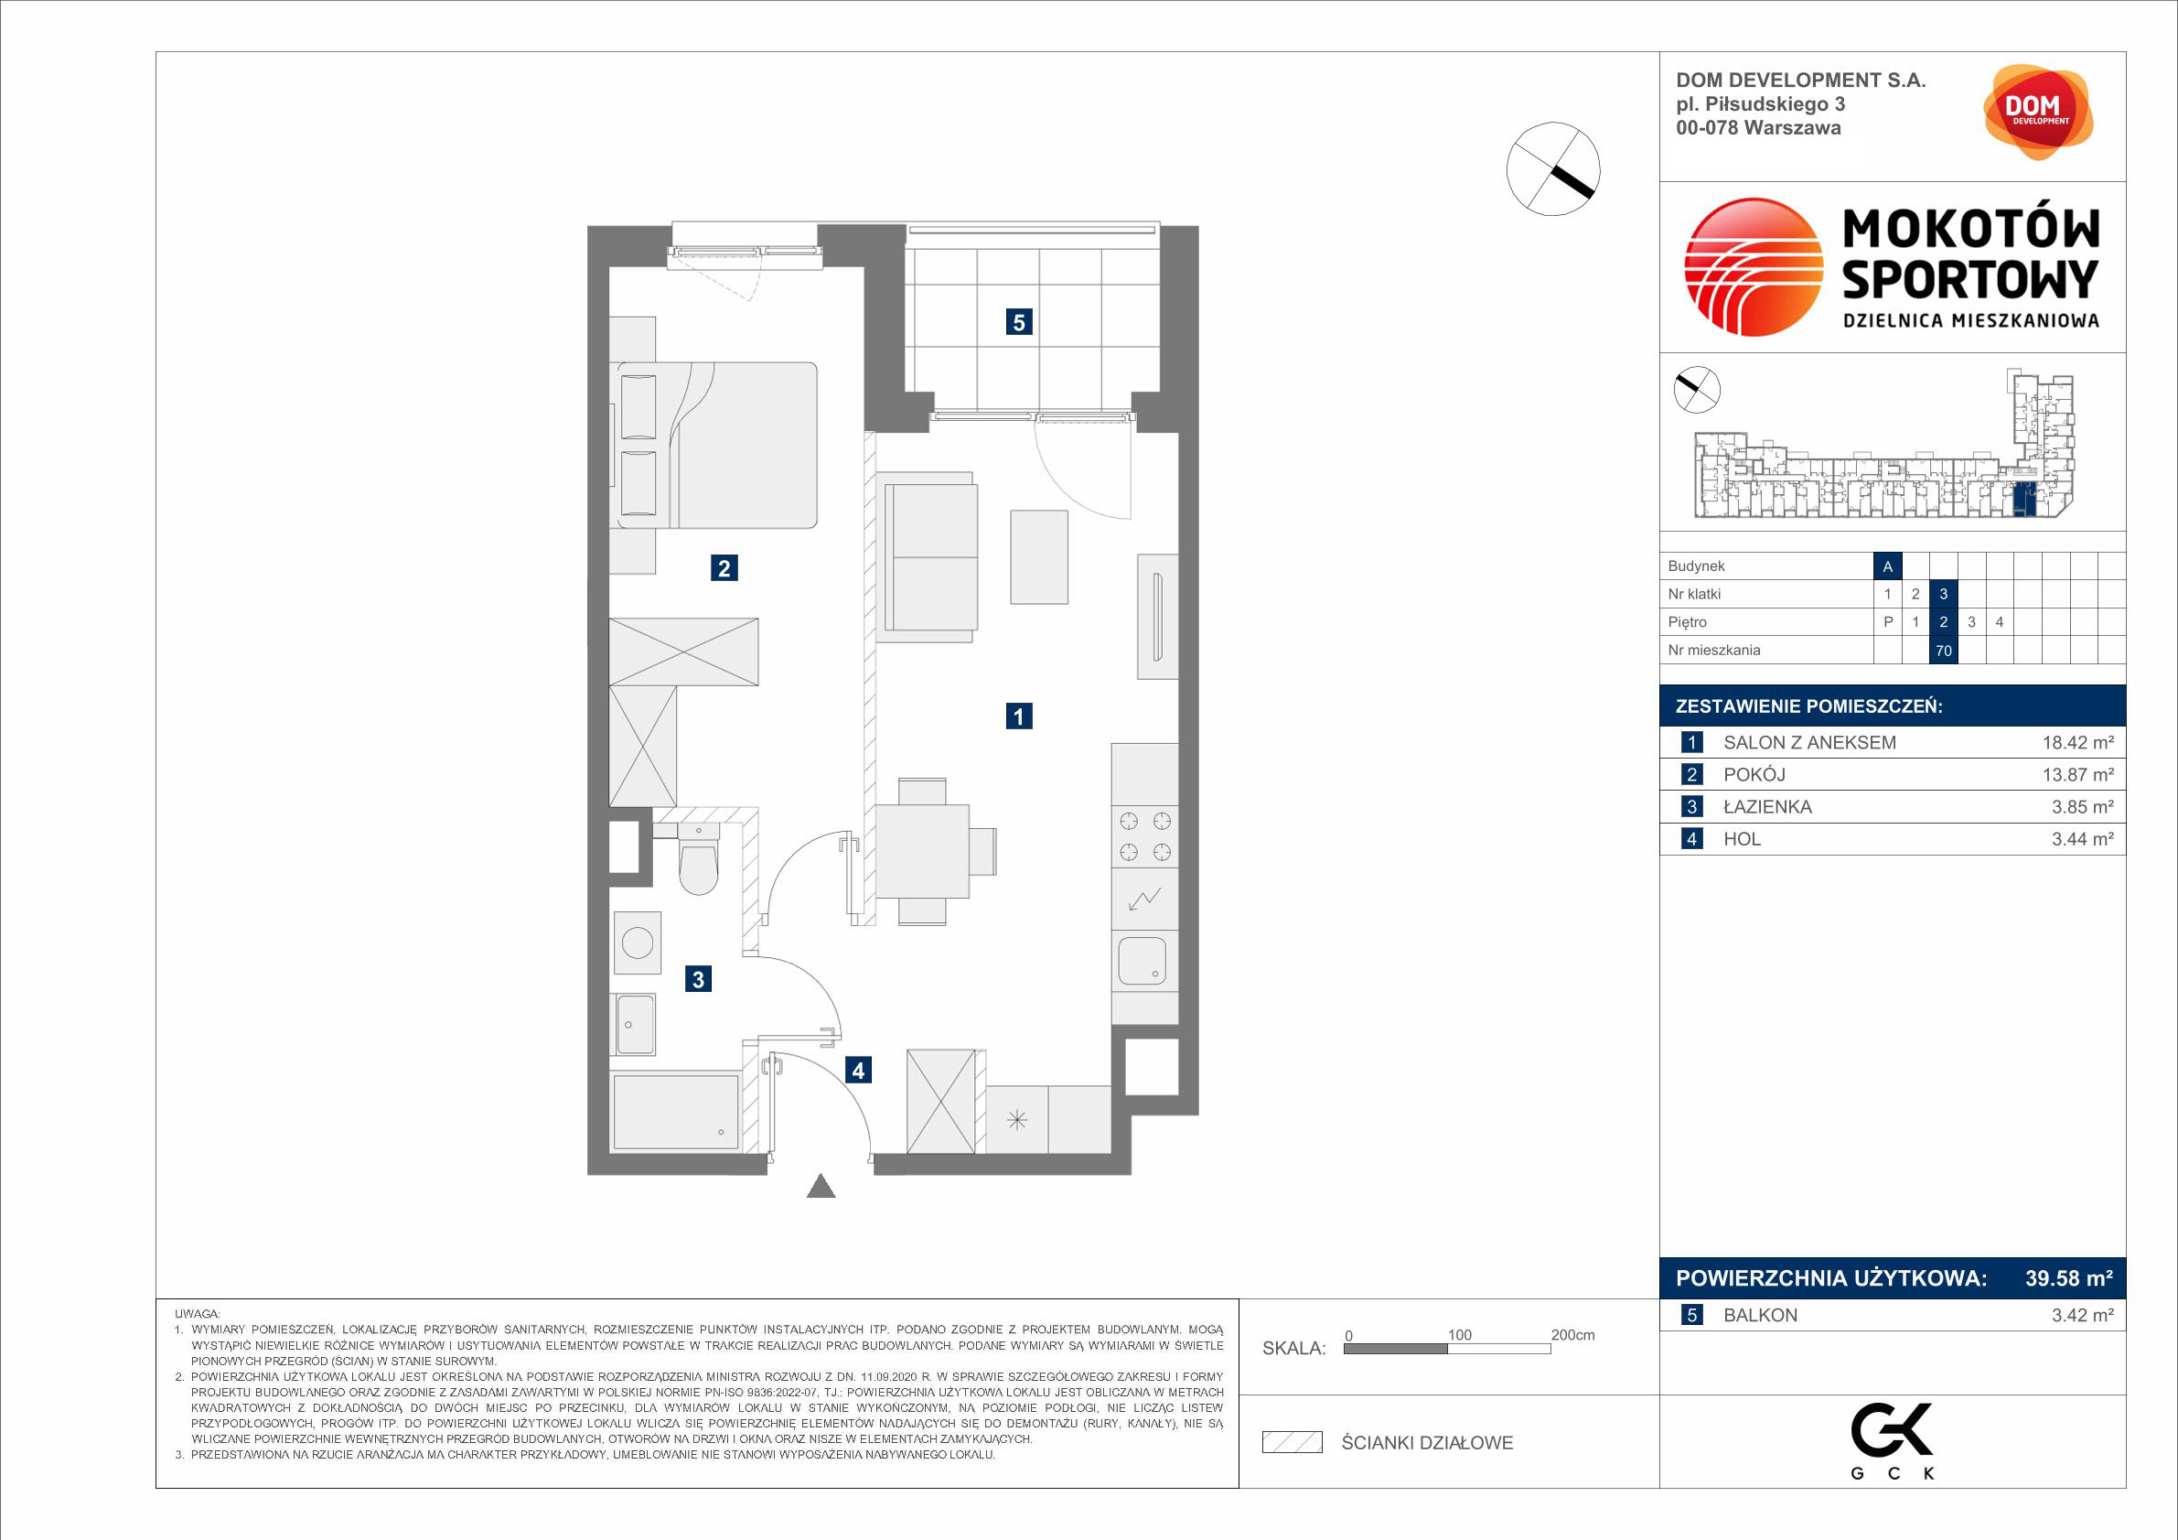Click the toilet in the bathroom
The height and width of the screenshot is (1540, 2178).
coord(698,861)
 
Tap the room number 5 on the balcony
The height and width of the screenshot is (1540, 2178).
coord(1019,323)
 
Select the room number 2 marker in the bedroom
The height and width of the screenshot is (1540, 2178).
coord(724,568)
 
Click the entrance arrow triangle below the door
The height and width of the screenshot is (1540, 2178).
coord(821,1186)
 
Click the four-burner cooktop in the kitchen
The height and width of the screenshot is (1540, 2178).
coord(1145,836)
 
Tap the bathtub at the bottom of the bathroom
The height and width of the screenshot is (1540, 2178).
coord(675,1111)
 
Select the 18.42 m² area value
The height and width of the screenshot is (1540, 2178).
coord(2077,743)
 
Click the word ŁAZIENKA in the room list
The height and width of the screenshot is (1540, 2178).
coord(1767,806)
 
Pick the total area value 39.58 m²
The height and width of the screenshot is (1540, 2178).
coord(2069,1278)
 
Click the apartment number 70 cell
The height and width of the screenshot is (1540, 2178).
coord(1944,651)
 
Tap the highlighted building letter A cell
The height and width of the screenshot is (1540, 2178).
coord(1888,566)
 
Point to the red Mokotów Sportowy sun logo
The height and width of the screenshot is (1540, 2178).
coord(1754,267)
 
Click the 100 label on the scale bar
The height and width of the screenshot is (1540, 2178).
coord(1459,1335)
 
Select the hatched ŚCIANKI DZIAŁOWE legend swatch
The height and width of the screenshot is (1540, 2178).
coord(1292,1443)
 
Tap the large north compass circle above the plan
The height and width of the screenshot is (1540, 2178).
coord(1553,169)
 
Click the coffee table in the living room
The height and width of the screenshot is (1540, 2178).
coord(1039,557)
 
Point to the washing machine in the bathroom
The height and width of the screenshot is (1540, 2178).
coord(638,943)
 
